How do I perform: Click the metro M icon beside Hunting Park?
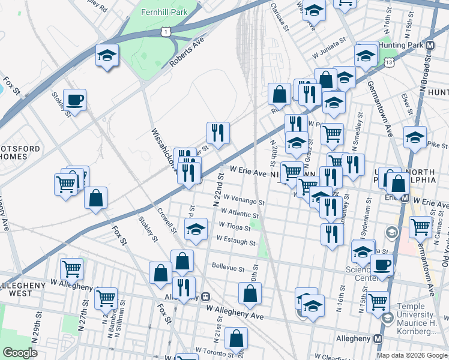[430, 46]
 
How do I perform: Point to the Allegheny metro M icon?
[378, 338]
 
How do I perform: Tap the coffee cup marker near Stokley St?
[75, 100]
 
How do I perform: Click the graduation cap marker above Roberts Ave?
[107, 56]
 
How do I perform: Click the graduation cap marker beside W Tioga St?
[196, 229]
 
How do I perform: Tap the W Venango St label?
[244, 198]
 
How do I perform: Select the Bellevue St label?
[228, 266]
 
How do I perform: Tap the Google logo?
[20, 353]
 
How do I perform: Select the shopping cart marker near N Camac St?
[421, 227]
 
